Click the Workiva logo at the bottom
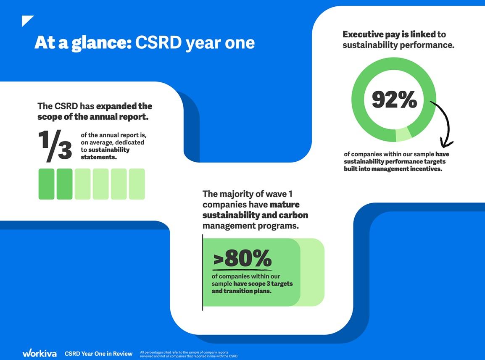(39, 353)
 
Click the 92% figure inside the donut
(394, 100)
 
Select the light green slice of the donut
(403, 134)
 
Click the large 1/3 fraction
(55, 146)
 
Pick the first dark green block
(46, 184)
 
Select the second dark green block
(64, 184)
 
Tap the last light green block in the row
(137, 184)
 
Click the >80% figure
(242, 259)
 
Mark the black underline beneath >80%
(242, 269)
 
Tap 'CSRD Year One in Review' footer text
(98, 354)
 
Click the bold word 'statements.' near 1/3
(98, 157)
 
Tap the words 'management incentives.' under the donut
(406, 169)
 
